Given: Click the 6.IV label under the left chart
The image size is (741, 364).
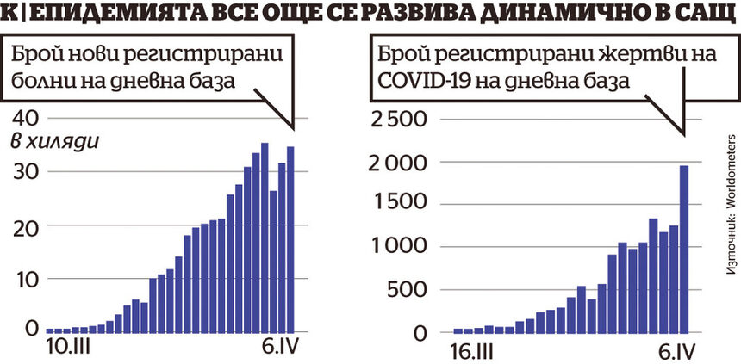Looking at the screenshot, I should click(275, 349).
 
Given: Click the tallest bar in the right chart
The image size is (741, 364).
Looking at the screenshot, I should click(684, 250).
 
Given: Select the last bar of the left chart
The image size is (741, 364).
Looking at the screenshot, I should click(290, 239).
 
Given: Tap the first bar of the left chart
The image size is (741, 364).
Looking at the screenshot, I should click(50, 330).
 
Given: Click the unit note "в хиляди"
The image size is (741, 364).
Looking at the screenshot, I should click(53, 141).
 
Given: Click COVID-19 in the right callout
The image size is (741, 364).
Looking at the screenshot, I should click(414, 80).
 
